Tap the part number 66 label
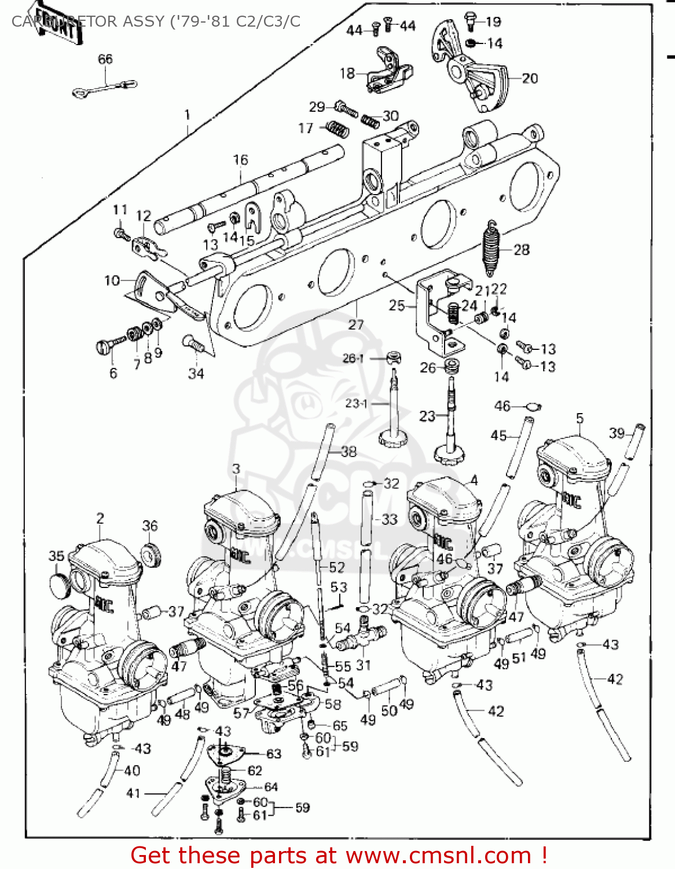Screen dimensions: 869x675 (x=105, y=59)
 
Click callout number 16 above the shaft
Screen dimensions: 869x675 (x=240, y=160)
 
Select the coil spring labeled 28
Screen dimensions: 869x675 (x=491, y=249)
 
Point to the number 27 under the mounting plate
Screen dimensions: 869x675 (x=355, y=324)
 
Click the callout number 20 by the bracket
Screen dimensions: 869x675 (x=530, y=78)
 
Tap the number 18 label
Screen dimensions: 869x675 (x=347, y=73)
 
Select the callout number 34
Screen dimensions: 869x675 (x=196, y=374)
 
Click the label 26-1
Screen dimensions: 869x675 (x=353, y=359)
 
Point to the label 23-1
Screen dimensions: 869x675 (x=356, y=403)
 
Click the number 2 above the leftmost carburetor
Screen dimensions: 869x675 (x=100, y=518)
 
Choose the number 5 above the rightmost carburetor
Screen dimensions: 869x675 (x=579, y=418)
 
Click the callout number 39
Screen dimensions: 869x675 (x=617, y=433)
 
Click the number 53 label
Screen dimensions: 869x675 (x=339, y=587)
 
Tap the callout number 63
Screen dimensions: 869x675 (x=273, y=754)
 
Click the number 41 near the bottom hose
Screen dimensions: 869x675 (x=134, y=793)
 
